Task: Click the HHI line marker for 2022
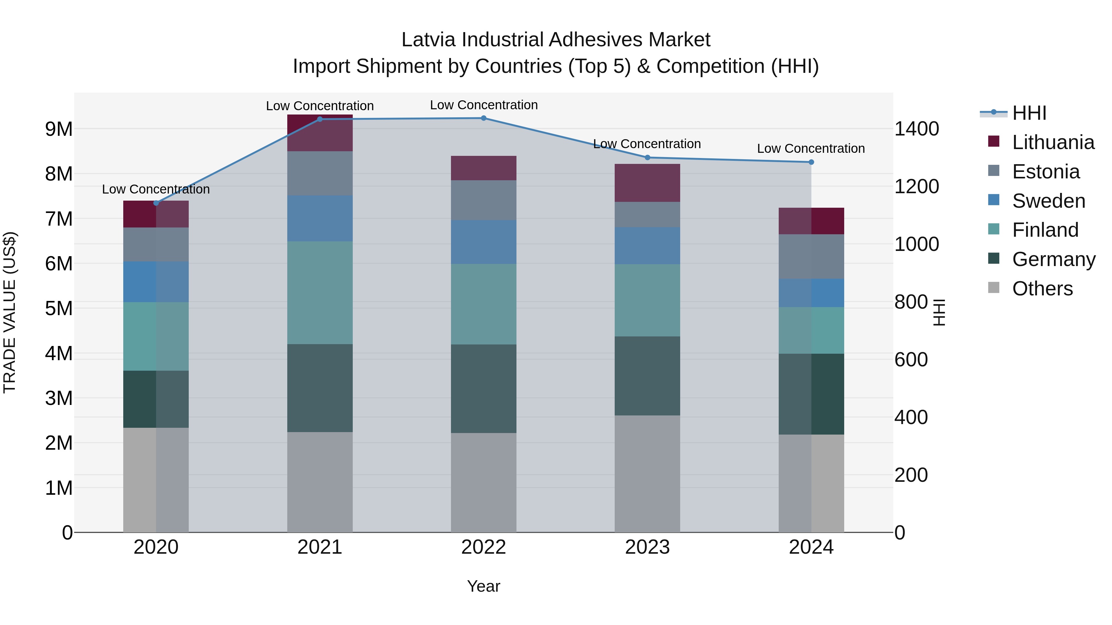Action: pos(483,118)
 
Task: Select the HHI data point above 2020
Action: pos(156,203)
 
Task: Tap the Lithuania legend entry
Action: pos(1053,142)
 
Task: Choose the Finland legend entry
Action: pos(1045,230)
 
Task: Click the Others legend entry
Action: pos(1042,289)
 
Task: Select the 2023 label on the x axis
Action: pos(647,547)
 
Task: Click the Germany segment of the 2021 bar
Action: pos(320,388)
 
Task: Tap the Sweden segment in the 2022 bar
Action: pos(483,242)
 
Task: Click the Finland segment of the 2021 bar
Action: pos(320,293)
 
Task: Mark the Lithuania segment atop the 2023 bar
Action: pos(647,183)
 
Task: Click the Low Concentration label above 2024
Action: pos(811,148)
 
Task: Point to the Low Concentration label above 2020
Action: pos(156,190)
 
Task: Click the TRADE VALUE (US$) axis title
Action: pos(10,312)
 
